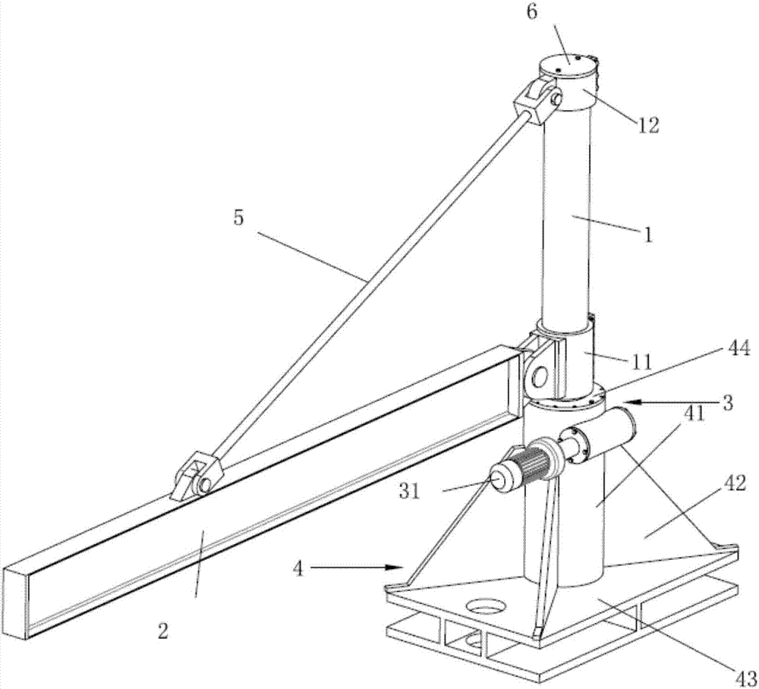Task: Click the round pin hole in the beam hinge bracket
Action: (540, 376)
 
